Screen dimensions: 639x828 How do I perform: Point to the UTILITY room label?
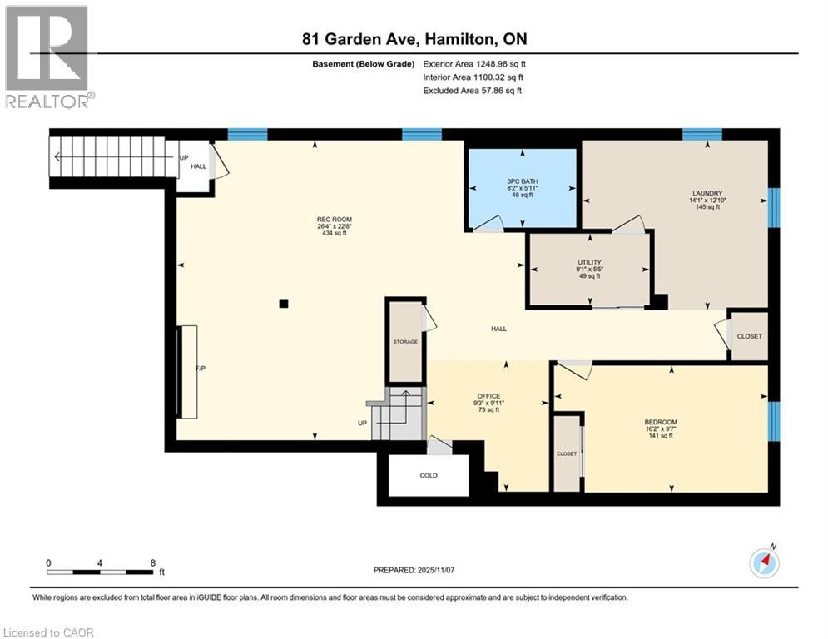pyautogui.click(x=590, y=262)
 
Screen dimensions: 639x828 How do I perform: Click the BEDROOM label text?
pyautogui.click(x=661, y=422)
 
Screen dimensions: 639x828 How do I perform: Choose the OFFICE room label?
pyautogui.click(x=487, y=396)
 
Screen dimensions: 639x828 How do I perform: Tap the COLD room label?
pyautogui.click(x=429, y=475)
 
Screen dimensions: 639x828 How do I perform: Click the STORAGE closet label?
pyautogui.click(x=405, y=342)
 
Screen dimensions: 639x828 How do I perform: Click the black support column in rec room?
pyautogui.click(x=284, y=304)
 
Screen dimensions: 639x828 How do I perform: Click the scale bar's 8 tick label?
pyautogui.click(x=152, y=562)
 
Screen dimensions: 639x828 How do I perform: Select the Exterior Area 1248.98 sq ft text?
pyautogui.click(x=474, y=63)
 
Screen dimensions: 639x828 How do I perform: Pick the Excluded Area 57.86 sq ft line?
pyautogui.click(x=473, y=91)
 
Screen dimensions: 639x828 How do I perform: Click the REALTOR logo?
pyautogui.click(x=47, y=57)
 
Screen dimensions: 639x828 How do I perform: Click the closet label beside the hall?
pyautogui.click(x=749, y=336)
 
